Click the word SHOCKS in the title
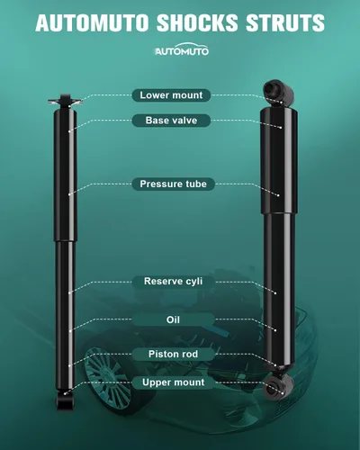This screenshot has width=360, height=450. point(197,22)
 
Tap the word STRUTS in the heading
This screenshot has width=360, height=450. point(285,22)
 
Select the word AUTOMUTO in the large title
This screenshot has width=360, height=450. point(92,22)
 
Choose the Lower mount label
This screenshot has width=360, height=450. point(171,95)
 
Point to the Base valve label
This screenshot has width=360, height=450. point(171,121)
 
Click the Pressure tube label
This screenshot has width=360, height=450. point(174,184)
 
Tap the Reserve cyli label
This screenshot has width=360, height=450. point(174,282)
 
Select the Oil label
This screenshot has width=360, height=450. point(174,319)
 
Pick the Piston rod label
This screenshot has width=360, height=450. point(174,355)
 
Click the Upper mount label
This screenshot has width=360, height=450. point(174,382)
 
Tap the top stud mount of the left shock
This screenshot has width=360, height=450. point(65,102)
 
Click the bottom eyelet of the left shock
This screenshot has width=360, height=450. point(65,400)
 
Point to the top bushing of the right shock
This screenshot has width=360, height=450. point(278,93)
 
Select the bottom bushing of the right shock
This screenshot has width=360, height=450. point(278,386)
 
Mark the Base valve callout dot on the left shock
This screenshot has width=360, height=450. point(69,131)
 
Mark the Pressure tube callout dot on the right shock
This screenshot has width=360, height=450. point(278,195)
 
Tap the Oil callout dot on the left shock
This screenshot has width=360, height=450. point(70,331)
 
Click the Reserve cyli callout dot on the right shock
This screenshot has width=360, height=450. point(275,292)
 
